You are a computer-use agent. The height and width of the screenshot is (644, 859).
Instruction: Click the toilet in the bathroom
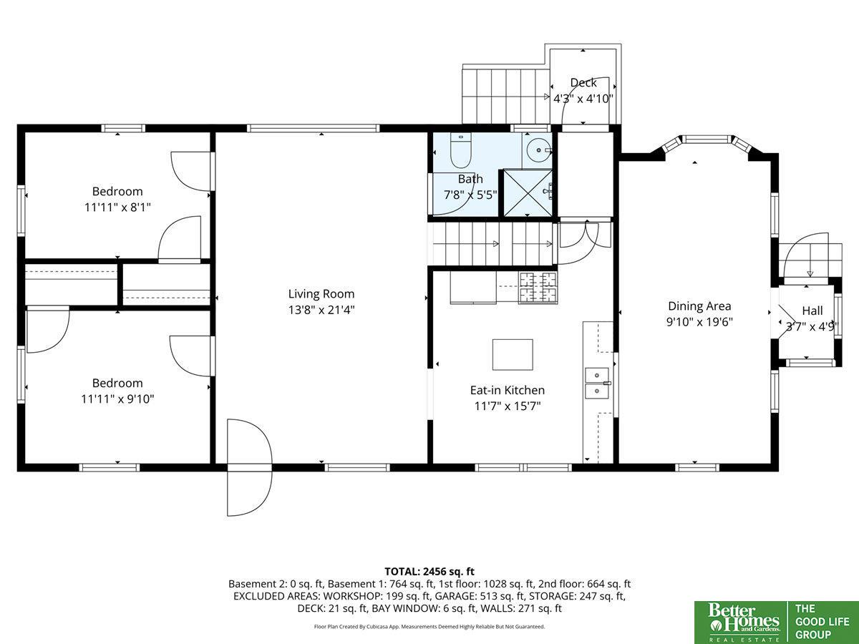click(460, 150)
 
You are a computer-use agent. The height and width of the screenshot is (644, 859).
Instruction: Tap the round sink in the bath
click(538, 150)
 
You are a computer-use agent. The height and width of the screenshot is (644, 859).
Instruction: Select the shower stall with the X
click(528, 192)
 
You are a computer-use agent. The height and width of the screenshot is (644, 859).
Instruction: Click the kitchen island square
click(513, 355)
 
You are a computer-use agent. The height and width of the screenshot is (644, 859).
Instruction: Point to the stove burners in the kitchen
click(538, 288)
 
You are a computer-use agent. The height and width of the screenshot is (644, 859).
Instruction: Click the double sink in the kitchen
click(597, 384)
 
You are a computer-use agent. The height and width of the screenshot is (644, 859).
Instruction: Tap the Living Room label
click(321, 293)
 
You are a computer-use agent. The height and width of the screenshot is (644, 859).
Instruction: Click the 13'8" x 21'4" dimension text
click(321, 310)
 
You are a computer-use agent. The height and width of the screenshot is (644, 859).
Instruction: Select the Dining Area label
click(699, 306)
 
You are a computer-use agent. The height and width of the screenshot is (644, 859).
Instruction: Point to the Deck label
click(583, 82)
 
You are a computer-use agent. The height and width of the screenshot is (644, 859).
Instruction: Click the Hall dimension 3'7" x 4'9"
click(812, 327)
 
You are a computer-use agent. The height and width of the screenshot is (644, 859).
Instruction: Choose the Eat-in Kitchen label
click(508, 390)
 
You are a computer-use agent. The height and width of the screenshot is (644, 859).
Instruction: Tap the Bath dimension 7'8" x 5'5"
click(470, 195)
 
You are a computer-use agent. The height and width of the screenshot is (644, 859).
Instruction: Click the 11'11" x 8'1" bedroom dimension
click(117, 208)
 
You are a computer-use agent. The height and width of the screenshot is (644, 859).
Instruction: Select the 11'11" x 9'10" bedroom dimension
click(117, 399)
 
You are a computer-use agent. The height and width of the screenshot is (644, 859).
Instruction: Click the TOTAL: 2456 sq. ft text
click(429, 571)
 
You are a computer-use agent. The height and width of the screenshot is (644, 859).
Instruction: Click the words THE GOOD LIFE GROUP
click(822, 622)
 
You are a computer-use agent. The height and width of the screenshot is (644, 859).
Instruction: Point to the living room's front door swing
click(249, 468)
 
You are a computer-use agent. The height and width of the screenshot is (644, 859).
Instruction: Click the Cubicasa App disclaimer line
click(429, 626)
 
